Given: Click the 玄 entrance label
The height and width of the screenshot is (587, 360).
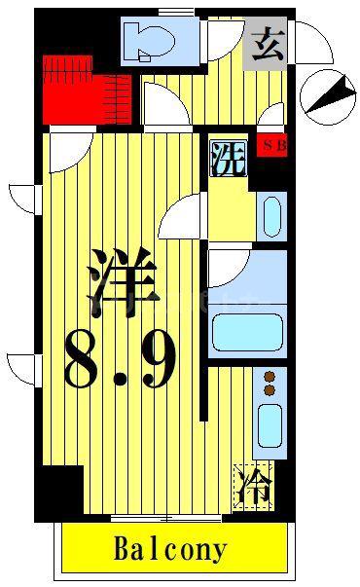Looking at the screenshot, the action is [268, 45].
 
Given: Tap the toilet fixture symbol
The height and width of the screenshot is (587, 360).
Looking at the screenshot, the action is [149, 41].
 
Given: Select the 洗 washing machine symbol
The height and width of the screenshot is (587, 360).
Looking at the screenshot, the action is [229, 159].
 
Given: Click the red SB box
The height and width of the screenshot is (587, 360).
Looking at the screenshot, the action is [272, 145].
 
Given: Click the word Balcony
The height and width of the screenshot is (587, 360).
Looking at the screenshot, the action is [170, 549].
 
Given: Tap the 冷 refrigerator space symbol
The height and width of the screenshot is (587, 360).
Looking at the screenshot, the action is [253, 487].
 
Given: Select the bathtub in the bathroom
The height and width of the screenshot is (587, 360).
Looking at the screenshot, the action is [247, 333].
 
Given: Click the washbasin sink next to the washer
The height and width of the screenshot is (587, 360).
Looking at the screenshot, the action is [272, 217].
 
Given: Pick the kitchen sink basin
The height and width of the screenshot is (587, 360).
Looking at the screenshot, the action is [270, 425].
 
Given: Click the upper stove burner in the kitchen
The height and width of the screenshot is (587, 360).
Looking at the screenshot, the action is [270, 377].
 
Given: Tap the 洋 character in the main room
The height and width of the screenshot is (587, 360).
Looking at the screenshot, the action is [124, 282].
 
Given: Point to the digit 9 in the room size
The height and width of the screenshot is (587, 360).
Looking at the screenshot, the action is [158, 359].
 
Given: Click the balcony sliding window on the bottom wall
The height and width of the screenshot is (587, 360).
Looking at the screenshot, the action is [166, 519].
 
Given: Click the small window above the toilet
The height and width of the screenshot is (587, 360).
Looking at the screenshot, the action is [176, 13].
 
